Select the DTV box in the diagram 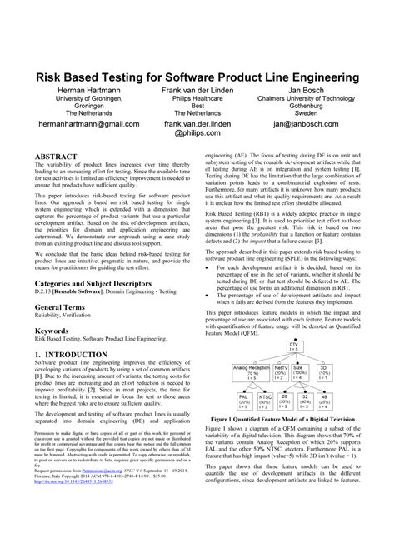[292, 345]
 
